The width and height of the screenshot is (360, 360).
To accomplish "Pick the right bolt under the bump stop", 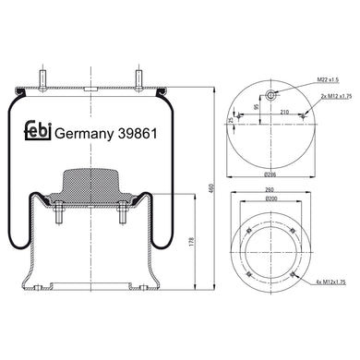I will point(120,221).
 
